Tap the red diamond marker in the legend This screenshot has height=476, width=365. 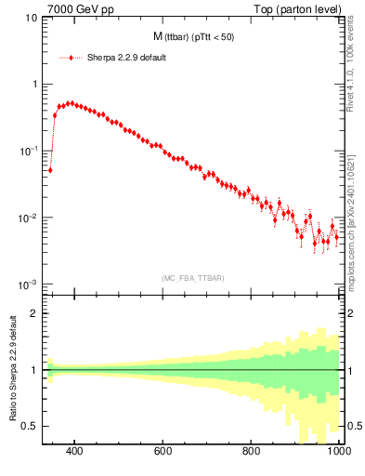(x=71, y=57)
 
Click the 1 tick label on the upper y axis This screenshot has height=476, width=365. (x=34, y=85)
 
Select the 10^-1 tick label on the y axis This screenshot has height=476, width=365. (x=30, y=151)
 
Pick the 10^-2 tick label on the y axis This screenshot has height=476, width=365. (x=30, y=218)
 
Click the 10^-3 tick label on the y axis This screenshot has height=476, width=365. (x=30, y=284)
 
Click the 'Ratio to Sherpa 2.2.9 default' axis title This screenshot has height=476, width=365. (x=12, y=369)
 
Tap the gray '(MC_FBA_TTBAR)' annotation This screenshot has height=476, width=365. (x=192, y=278)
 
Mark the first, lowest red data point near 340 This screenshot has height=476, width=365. (x=50, y=170)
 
